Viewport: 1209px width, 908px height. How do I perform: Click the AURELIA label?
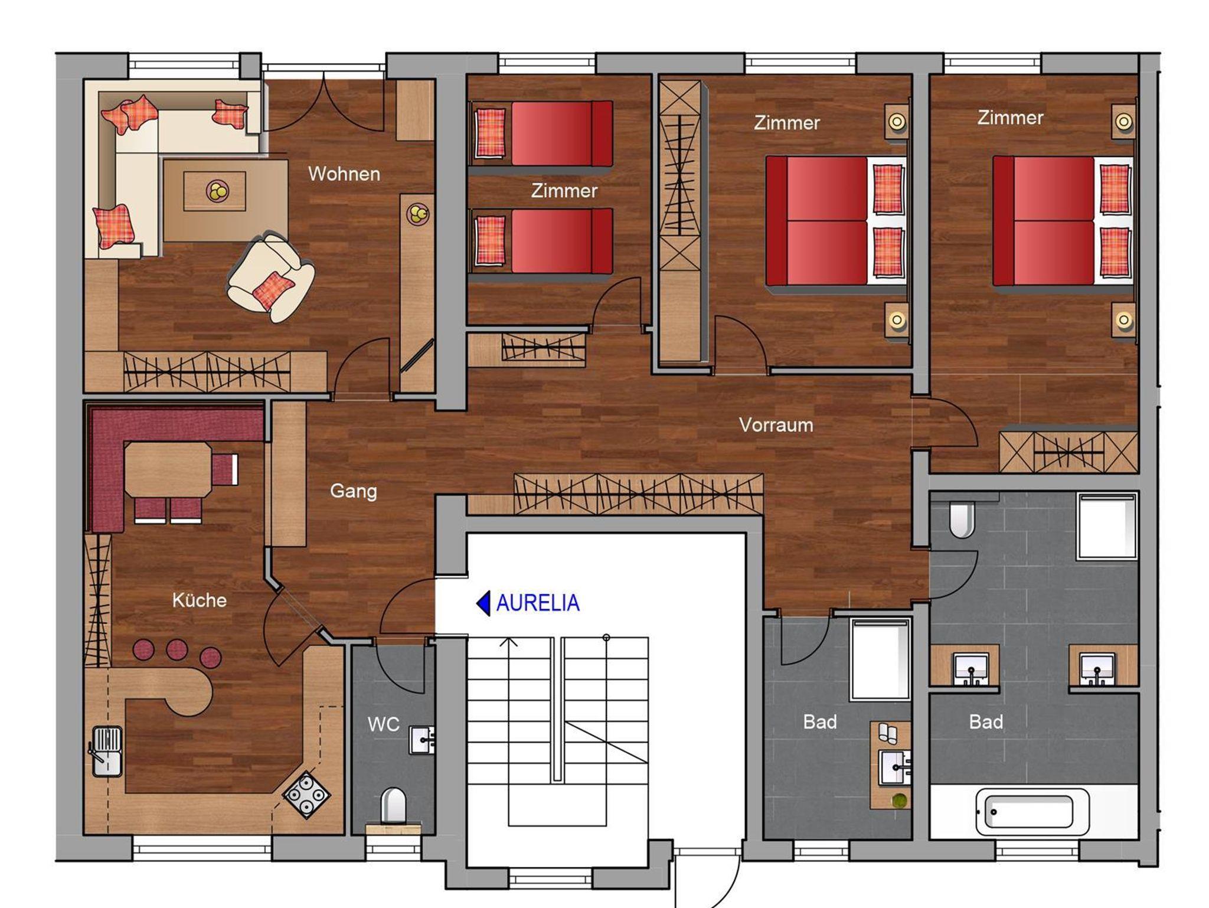pos(538,603)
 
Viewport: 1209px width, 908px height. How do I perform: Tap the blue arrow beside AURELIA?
pos(483,603)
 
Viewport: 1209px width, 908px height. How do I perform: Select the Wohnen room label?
pos(344,174)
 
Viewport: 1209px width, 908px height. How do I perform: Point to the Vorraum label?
pos(776,424)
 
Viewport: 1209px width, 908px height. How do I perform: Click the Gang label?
pos(353,491)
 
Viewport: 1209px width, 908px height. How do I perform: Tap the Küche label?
pos(200,600)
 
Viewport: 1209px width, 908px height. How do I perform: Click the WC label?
pos(384,724)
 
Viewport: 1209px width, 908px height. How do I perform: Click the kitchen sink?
pos(106,752)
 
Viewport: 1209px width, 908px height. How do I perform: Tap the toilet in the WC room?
pos(393,805)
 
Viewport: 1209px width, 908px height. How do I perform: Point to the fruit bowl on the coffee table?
pos(217,191)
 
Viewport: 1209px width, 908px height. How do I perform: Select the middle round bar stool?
pos(177,649)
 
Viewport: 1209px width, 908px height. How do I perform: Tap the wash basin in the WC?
pos(422,740)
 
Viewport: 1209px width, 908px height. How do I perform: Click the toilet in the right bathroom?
pos(962,520)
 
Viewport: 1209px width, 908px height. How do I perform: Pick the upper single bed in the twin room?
pos(542,133)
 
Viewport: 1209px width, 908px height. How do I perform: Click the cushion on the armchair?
pos(273,290)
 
